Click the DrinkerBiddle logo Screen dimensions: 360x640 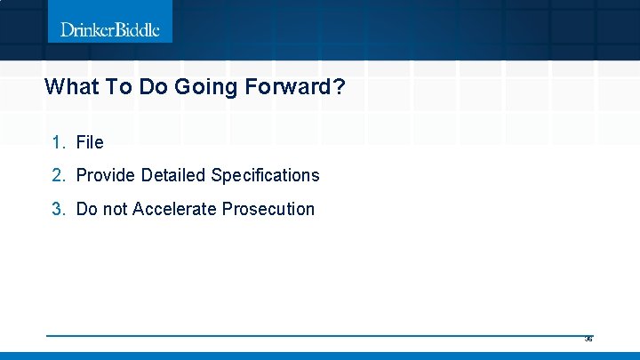tap(110, 29)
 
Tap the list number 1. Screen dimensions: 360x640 tap(58, 142)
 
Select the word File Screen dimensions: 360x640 tap(90, 142)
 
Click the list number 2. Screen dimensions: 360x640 tap(58, 175)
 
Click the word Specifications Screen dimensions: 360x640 tap(265, 175)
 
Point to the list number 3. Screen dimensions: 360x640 tap(58, 209)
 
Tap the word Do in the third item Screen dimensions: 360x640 tap(87, 209)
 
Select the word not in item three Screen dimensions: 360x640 tap(115, 209)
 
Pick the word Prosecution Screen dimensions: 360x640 tap(268, 209)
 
